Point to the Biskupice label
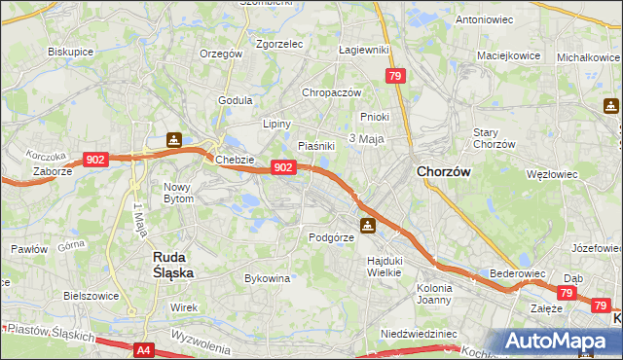click(69, 52)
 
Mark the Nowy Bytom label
click(178, 193)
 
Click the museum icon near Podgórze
click(367, 226)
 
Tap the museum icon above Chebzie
click(173, 140)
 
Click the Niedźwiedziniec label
click(419, 333)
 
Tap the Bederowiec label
click(516, 274)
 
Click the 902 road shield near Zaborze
click(95, 159)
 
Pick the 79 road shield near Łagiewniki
click(394, 75)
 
